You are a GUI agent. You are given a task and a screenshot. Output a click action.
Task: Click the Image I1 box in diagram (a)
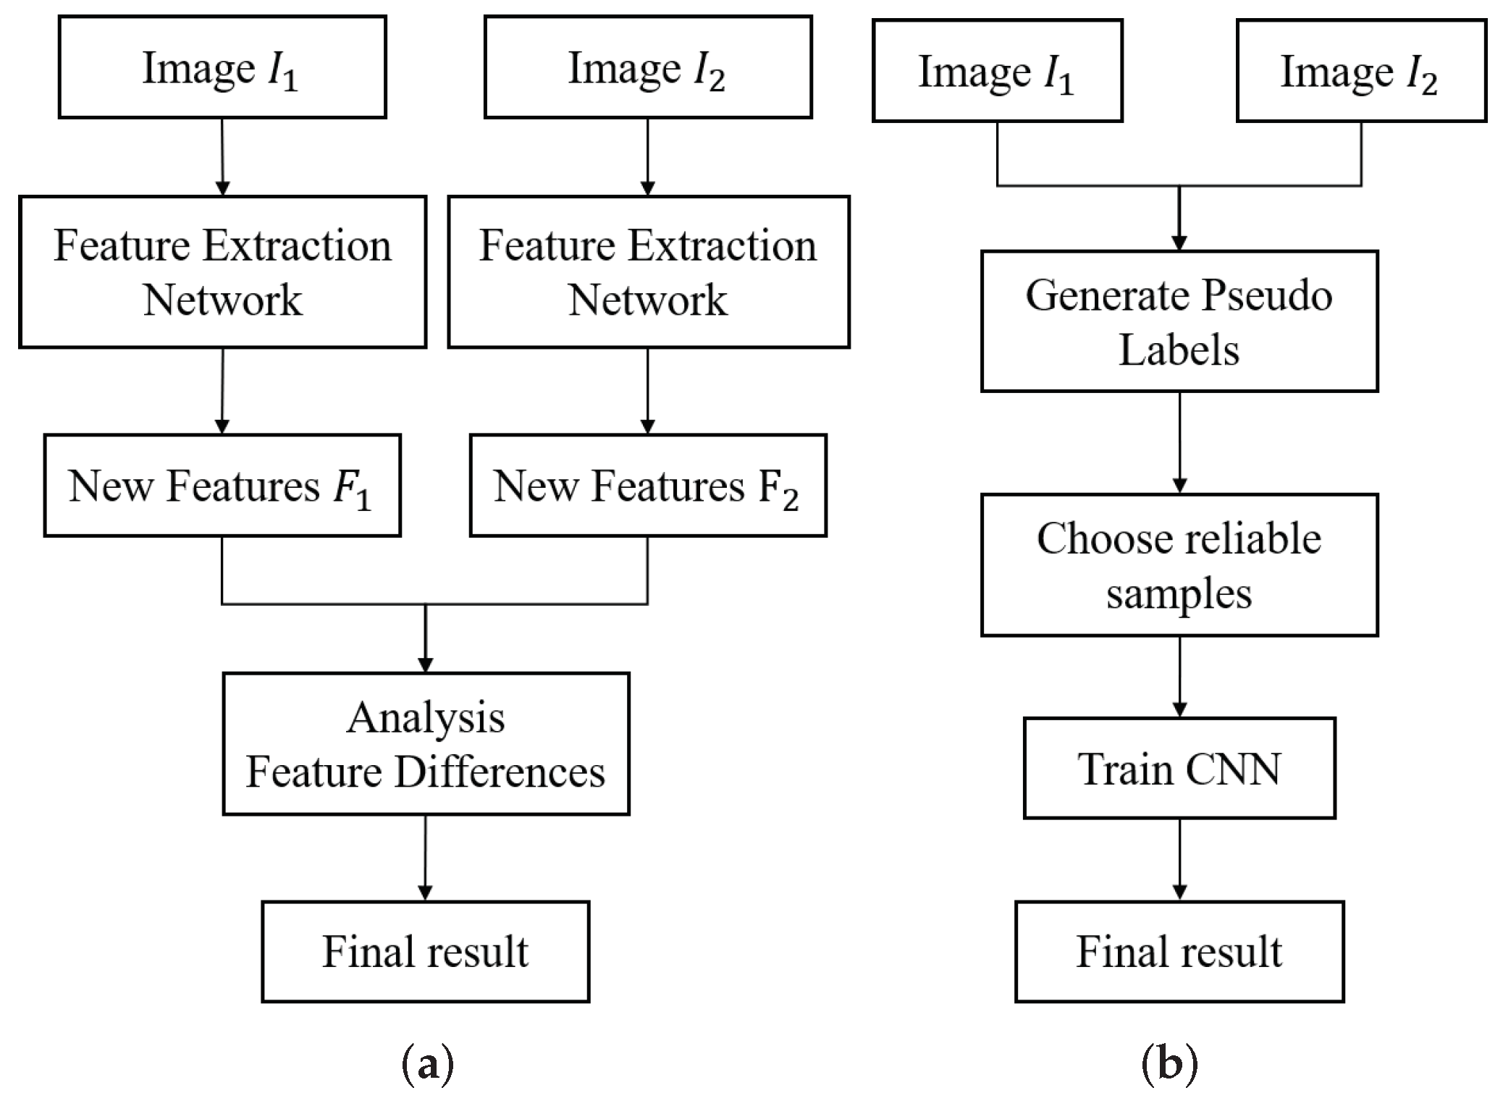222,67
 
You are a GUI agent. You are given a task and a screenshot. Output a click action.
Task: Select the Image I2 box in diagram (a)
648,67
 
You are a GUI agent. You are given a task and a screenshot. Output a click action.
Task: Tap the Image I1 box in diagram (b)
997,71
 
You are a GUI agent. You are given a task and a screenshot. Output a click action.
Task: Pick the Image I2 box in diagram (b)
1361,71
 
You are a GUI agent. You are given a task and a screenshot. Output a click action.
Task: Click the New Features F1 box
222,485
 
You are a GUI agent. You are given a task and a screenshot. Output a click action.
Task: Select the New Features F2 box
648,485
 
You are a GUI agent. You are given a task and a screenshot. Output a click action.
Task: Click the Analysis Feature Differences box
426,744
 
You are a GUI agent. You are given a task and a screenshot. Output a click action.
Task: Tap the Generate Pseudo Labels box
1179,321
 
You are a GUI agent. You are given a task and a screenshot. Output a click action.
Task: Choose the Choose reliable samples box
1179,565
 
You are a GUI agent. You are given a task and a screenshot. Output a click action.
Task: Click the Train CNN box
1179,768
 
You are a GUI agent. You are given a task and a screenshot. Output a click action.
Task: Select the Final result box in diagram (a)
426,951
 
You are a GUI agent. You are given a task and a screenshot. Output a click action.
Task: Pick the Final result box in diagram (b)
1179,951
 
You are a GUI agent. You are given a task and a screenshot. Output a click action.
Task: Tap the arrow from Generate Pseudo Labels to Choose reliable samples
1179,443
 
